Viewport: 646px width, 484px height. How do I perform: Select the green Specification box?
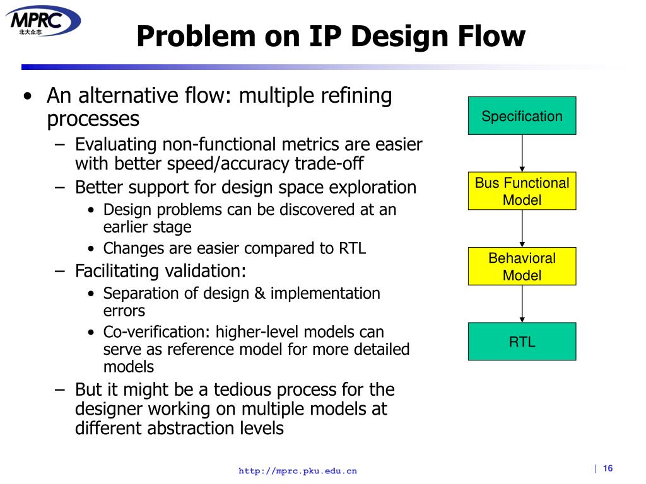(522, 116)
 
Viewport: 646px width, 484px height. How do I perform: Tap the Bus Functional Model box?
(522, 192)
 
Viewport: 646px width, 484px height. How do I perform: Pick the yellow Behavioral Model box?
(522, 267)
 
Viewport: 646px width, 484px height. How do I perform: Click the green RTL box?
(522, 342)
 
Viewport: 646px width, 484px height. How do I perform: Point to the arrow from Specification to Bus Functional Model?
(522, 153)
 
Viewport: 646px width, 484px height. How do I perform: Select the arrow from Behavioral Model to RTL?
(522, 304)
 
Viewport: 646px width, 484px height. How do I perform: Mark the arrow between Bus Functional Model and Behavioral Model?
(522, 228)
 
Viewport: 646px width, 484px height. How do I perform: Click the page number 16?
(608, 468)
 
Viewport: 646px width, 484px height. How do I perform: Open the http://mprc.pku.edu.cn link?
(297, 471)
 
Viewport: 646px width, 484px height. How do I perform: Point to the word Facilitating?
(117, 271)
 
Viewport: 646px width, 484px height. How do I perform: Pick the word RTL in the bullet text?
(352, 248)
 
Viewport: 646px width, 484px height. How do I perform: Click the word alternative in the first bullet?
(131, 96)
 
